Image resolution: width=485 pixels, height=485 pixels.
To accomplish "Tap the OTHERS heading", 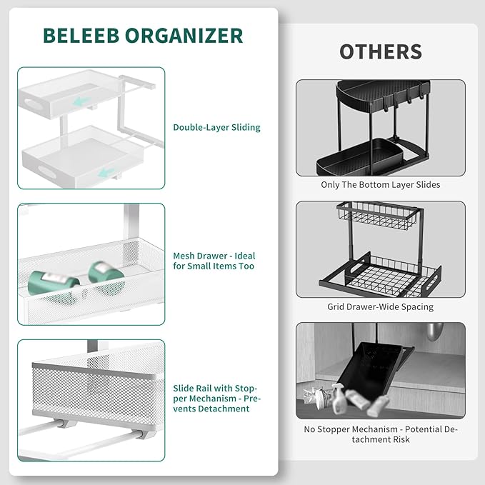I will pyautogui.click(x=380, y=51).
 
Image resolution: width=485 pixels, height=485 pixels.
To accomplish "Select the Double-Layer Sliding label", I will pyautogui.click(x=216, y=128).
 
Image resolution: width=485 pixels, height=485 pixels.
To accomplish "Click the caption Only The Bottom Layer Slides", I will pyautogui.click(x=380, y=185).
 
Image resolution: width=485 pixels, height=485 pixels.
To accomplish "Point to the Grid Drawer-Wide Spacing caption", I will pyautogui.click(x=380, y=307).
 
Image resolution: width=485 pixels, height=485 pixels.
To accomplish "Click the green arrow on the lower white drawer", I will pyautogui.click(x=106, y=172).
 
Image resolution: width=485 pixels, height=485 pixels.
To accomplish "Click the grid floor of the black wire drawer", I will pyautogui.click(x=379, y=275).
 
